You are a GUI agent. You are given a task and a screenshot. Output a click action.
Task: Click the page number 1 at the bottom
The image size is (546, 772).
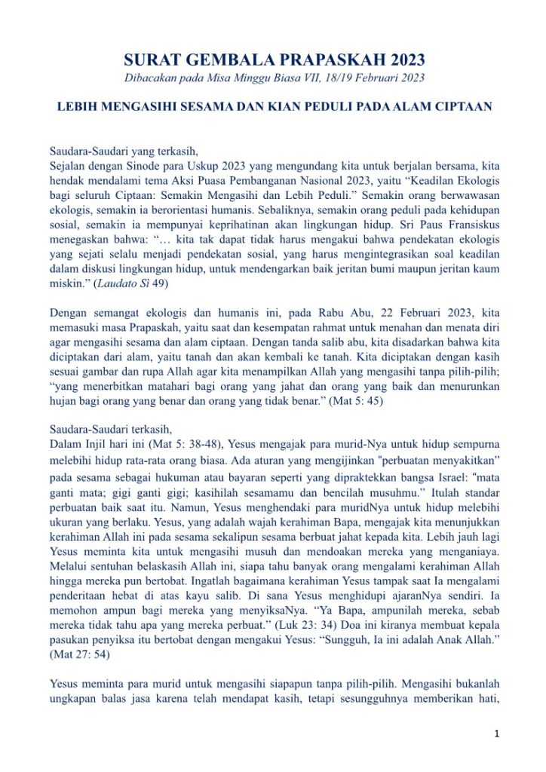tap(497, 732)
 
